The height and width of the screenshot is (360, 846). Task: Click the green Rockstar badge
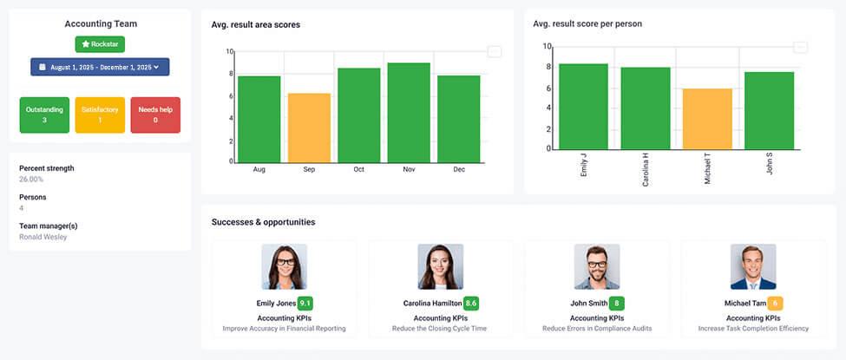point(100,43)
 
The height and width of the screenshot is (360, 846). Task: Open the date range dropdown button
point(100,67)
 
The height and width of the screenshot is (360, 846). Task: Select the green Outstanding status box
point(44,115)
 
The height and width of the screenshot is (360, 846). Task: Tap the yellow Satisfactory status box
point(100,115)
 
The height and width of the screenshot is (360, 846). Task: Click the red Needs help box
point(155,115)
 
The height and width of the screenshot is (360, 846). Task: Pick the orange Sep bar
point(309,128)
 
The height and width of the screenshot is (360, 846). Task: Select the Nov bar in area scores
point(409,113)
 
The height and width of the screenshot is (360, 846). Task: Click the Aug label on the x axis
point(259,169)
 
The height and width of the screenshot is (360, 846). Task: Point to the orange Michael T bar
point(707,119)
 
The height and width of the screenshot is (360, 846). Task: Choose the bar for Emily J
point(583,106)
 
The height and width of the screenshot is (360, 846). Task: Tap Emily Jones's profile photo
point(284,266)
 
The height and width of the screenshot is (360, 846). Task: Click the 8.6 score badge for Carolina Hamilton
point(471,304)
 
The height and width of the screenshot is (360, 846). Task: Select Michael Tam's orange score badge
point(775,304)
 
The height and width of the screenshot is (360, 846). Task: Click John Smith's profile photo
point(596,266)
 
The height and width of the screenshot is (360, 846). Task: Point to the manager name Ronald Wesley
point(43,237)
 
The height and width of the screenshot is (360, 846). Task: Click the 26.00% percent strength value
point(31,180)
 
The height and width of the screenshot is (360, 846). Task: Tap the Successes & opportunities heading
point(263,222)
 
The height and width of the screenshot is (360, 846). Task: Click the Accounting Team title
point(100,24)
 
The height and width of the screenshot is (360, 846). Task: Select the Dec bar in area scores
point(459,119)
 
